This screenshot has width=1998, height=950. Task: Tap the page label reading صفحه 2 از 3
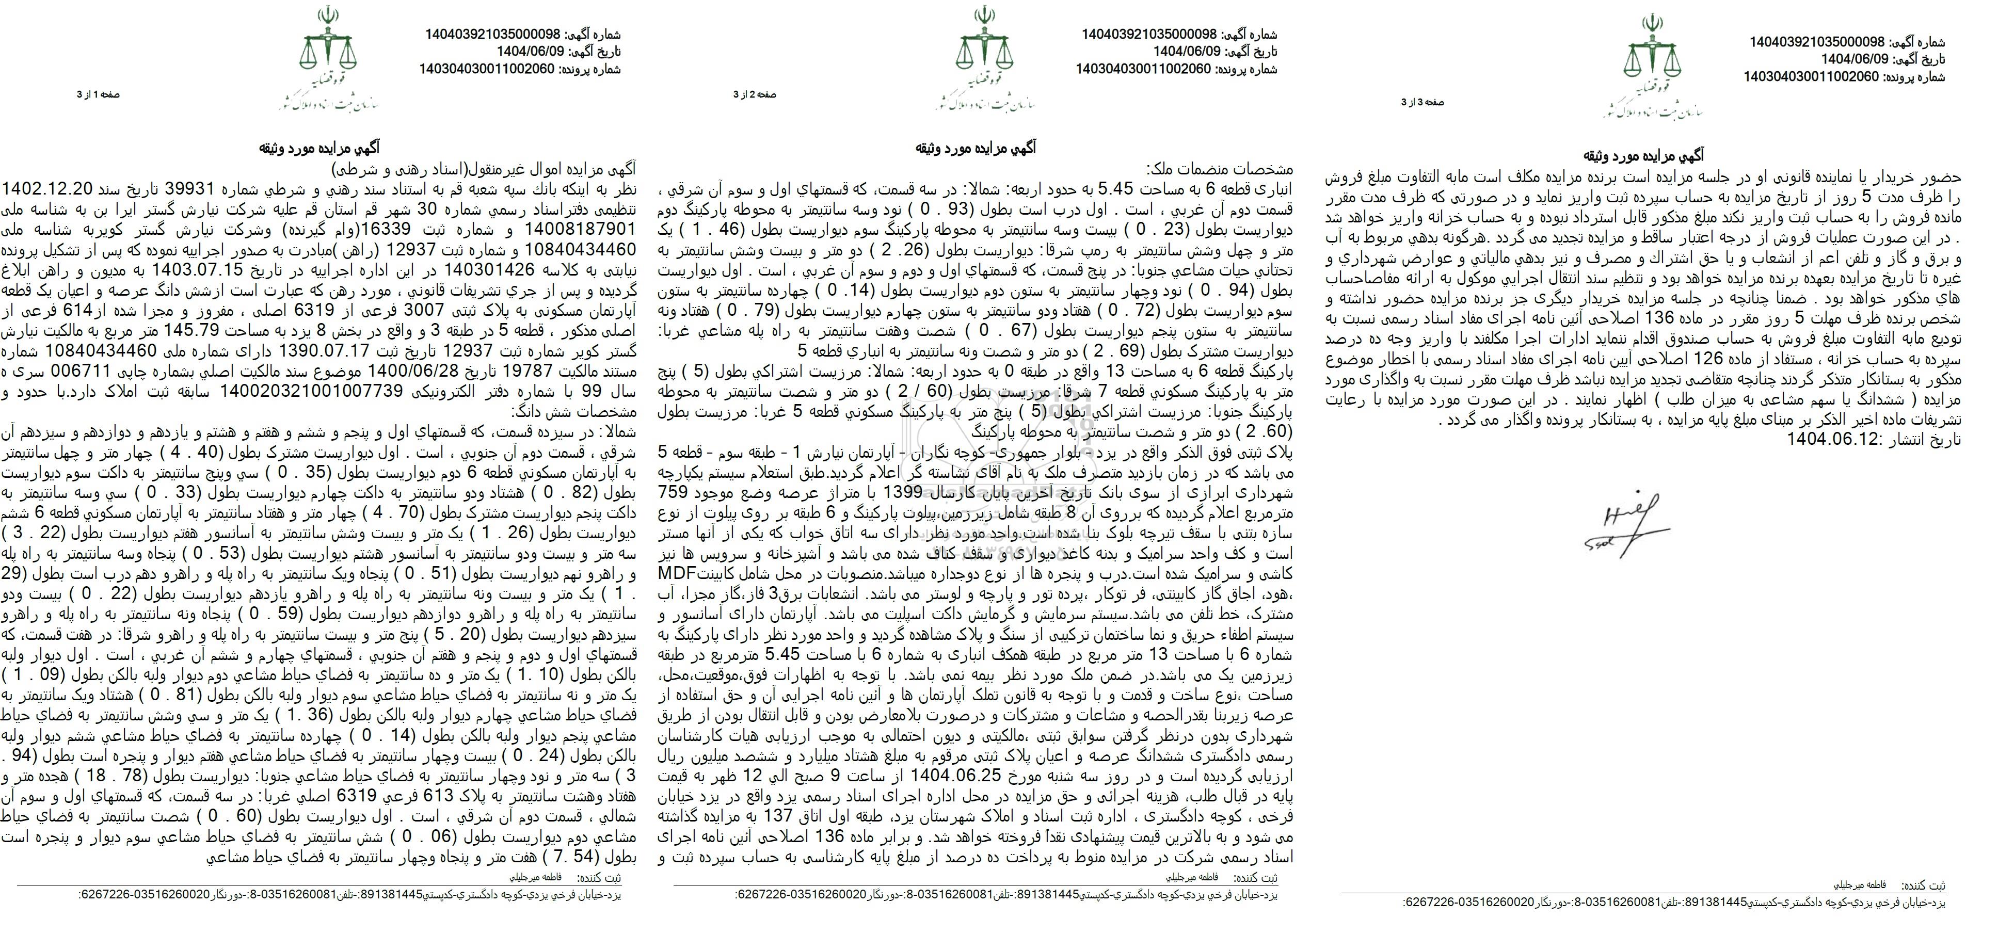pyautogui.click(x=755, y=94)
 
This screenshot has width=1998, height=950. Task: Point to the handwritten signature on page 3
pyautogui.click(x=1625, y=520)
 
